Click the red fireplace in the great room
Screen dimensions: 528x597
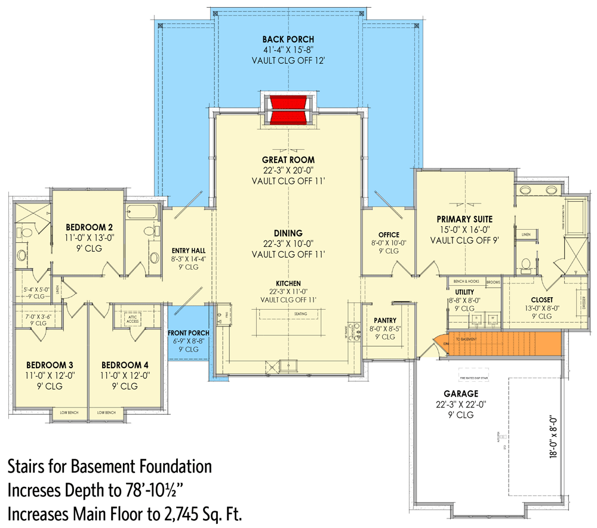click(288, 109)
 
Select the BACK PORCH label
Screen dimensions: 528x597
click(288, 39)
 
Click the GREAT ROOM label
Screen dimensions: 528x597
click(288, 160)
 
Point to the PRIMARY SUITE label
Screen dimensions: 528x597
click(464, 219)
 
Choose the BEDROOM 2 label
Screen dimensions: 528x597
click(89, 227)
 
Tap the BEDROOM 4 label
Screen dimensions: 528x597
click(124, 365)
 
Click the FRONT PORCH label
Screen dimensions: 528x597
click(188, 332)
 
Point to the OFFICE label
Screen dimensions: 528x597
click(389, 234)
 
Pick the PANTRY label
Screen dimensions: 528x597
click(385, 320)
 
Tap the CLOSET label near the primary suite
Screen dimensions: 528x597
click(541, 299)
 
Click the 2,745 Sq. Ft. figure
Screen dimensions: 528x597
click(193, 512)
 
